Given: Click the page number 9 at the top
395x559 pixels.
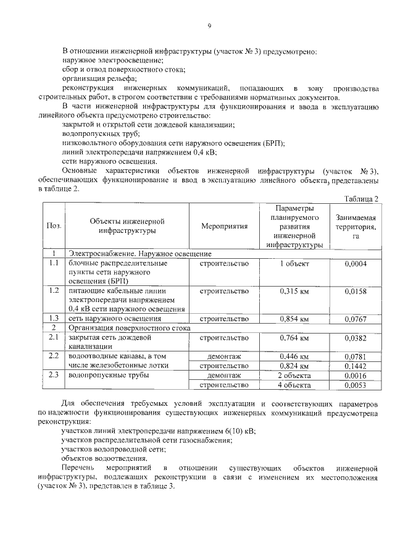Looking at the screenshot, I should pos(209,25).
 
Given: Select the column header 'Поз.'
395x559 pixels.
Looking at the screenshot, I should pos(54,226).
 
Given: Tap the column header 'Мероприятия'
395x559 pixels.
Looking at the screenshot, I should pos(224,226).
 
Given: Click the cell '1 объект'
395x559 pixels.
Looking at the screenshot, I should pos(294,264).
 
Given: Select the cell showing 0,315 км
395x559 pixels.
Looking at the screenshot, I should pos(294,290).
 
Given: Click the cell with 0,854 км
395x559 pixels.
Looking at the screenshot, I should pos(294,319).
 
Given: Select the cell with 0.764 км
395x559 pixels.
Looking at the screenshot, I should pos(294,338).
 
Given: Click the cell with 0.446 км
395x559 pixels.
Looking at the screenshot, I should pos(294,356).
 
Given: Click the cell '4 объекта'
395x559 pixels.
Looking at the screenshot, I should pos(294,385).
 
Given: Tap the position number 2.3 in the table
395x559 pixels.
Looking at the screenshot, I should pos(54,375).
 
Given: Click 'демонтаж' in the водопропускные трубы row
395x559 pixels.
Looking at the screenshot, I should pos(224,376).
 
